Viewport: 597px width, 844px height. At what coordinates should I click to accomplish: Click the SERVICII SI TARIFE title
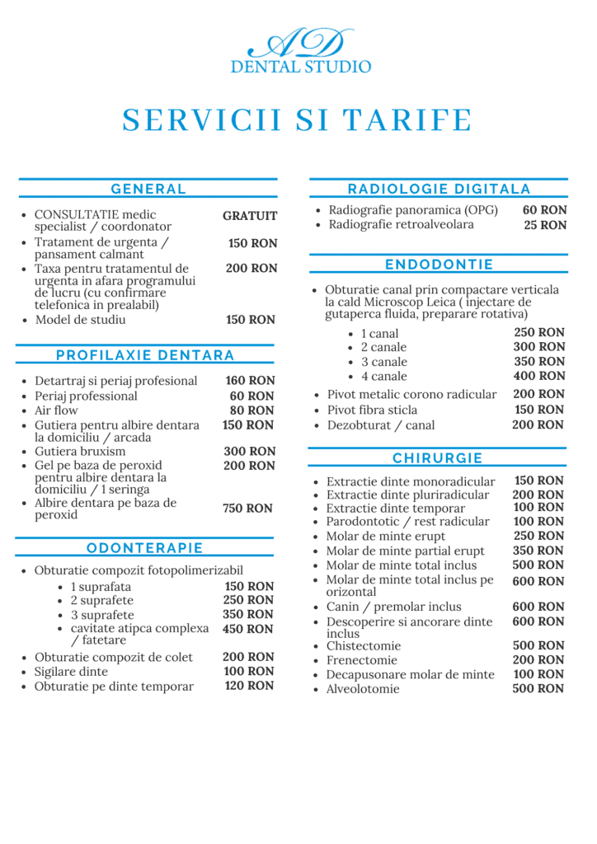coord(298,120)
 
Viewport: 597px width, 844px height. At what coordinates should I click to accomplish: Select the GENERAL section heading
coord(148,189)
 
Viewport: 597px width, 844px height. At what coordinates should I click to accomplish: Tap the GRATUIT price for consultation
coord(250,216)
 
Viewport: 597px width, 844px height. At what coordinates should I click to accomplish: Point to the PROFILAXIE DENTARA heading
coord(145,355)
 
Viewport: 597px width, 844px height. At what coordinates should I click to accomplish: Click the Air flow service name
coord(56,410)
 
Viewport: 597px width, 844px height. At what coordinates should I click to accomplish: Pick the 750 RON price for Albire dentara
coord(247,509)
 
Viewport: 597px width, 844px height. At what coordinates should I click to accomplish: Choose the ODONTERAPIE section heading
coord(144,548)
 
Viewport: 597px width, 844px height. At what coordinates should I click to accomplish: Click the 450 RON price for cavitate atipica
coord(248,629)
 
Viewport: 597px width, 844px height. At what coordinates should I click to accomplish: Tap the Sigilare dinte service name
coord(71,672)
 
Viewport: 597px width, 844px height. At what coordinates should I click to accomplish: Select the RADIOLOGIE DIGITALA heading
coord(439,189)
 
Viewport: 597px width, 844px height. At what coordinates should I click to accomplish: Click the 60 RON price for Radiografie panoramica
coord(545,210)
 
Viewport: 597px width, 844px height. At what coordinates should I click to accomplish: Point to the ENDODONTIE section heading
coord(439,265)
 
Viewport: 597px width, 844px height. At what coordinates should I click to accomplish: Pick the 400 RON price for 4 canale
coord(539,376)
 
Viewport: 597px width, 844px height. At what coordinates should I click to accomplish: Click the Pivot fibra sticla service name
coord(373,410)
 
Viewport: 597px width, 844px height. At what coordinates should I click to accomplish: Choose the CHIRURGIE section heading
coord(438,458)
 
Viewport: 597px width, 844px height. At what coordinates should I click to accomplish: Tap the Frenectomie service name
coord(362,660)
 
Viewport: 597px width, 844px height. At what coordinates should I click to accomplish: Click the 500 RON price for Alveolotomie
coord(538,688)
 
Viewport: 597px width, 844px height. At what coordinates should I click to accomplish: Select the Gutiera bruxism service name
coord(80,452)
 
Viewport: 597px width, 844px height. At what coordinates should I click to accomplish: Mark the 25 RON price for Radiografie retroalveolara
coord(545,225)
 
